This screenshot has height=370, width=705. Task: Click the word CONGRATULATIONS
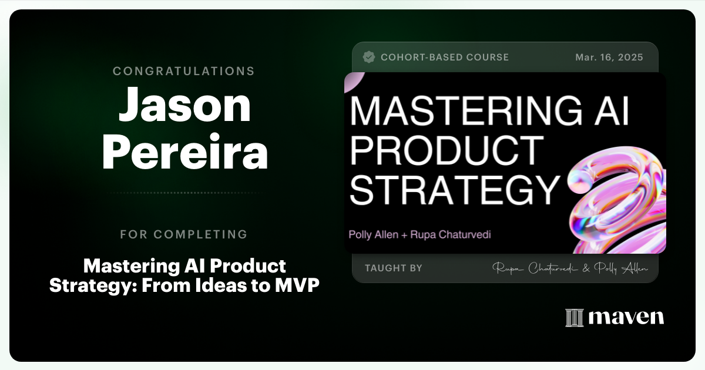(184, 71)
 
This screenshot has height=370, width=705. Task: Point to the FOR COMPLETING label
(184, 234)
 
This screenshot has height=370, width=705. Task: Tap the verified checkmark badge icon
(369, 57)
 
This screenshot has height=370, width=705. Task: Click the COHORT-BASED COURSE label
(445, 58)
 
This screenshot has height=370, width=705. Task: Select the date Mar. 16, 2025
(610, 58)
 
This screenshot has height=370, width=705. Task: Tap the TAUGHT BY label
(393, 268)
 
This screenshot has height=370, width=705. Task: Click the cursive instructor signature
(570, 268)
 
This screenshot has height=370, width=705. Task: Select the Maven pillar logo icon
(574, 318)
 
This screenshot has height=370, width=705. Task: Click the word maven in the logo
(626, 318)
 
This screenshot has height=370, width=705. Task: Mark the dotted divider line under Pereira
(184, 193)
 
